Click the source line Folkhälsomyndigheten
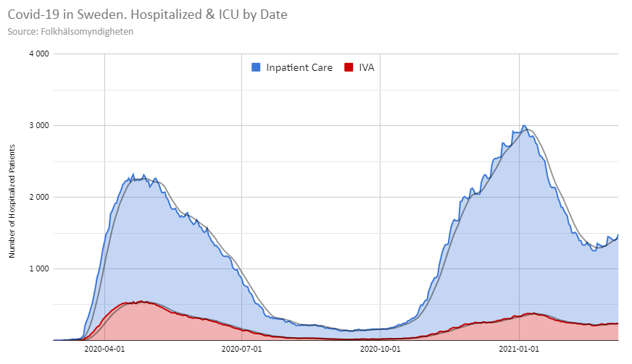(70, 32)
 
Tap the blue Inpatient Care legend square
(256, 67)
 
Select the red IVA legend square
(348, 67)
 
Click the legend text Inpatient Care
(299, 67)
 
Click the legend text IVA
(367, 67)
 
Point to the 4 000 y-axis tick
(38, 54)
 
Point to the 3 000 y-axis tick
(38, 125)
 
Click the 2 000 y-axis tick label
(38, 197)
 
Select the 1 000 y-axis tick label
(38, 268)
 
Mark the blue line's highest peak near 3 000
(524, 126)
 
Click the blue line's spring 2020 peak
(144, 174)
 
